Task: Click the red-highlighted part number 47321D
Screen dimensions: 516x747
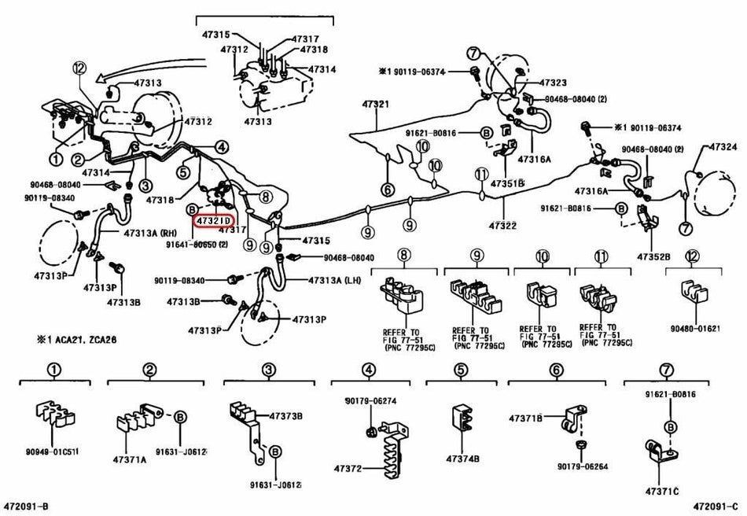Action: [x=214, y=221]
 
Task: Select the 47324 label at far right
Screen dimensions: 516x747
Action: [x=723, y=147]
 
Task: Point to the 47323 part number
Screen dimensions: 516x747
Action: [x=554, y=83]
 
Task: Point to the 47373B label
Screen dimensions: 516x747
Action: [x=286, y=415]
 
